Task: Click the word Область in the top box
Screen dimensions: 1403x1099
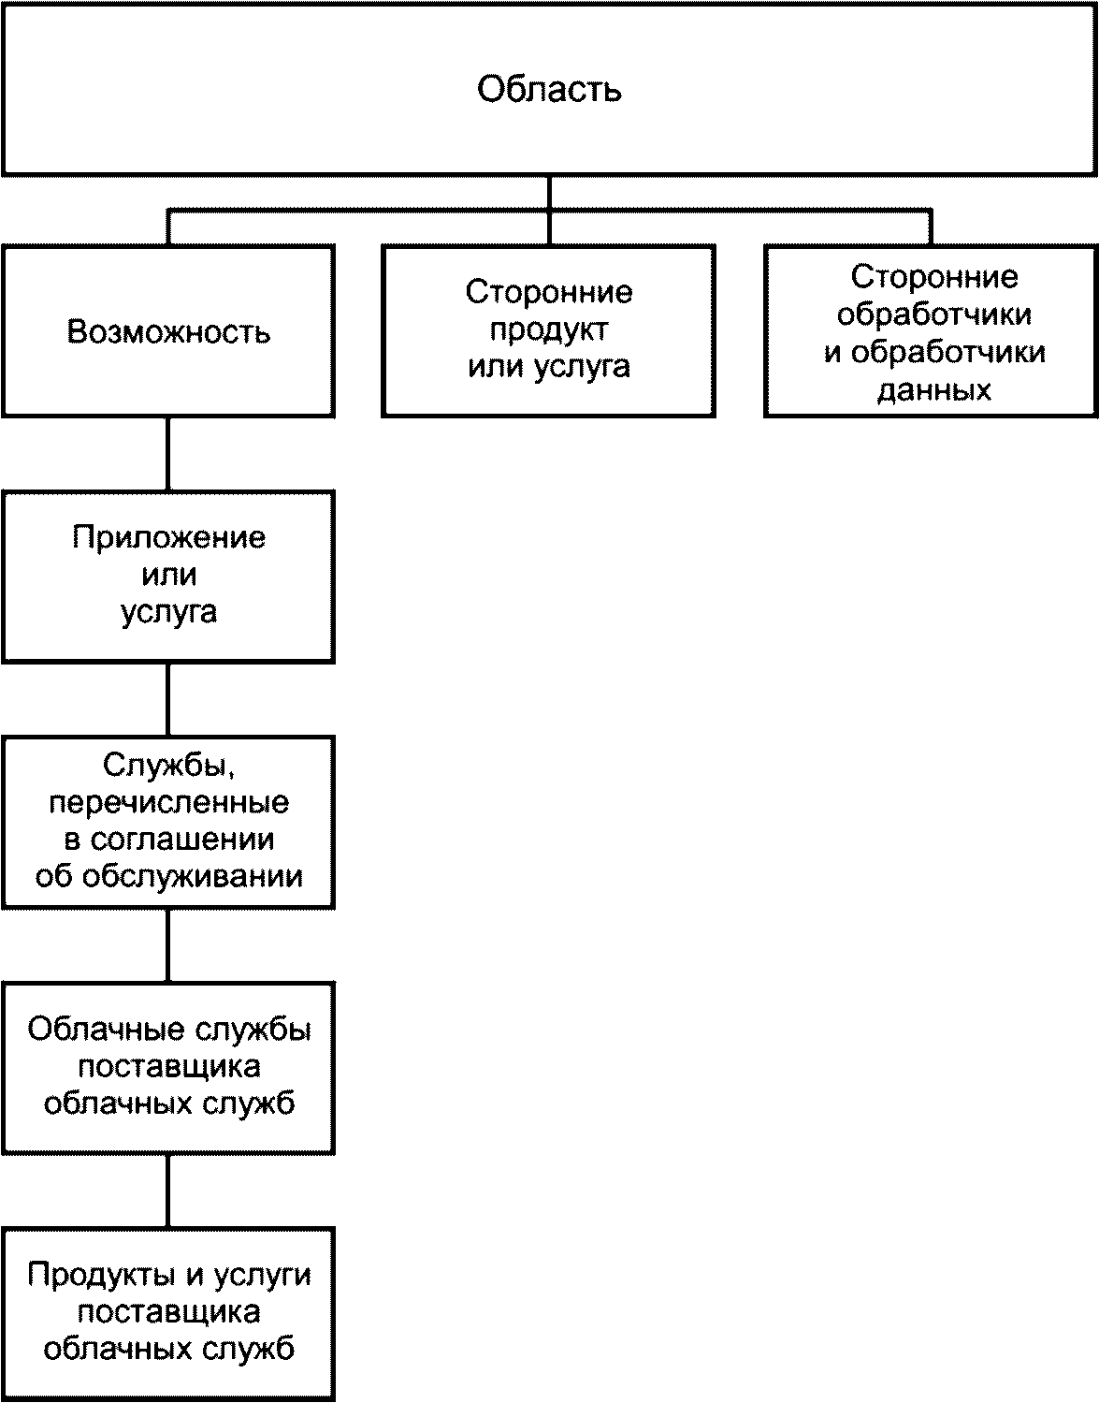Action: point(549,90)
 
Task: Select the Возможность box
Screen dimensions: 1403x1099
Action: point(168,331)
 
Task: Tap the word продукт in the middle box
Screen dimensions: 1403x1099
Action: point(549,329)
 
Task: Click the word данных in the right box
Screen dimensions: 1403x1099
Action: point(933,389)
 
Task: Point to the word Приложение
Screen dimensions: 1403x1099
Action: point(168,537)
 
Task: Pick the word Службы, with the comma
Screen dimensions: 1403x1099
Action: point(168,766)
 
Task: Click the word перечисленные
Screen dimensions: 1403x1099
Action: point(168,802)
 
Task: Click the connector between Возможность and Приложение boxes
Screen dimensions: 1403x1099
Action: point(168,454)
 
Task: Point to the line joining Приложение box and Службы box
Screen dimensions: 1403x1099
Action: point(168,699)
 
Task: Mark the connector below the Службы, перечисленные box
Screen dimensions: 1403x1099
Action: point(168,944)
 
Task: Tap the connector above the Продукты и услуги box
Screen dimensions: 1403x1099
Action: point(168,1191)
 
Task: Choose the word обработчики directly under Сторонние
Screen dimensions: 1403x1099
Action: point(933,314)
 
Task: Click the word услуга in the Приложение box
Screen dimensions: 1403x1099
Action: point(168,611)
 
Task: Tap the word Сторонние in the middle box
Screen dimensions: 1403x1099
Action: point(549,292)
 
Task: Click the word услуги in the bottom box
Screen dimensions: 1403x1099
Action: point(262,1275)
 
